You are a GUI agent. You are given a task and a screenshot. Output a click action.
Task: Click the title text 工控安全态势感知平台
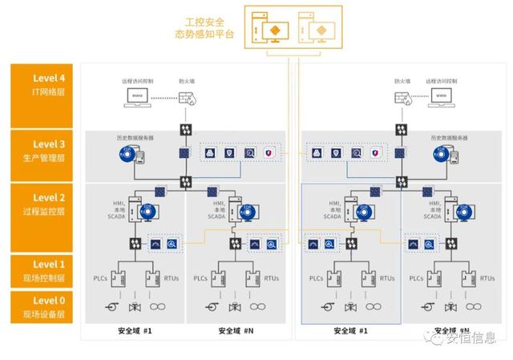(204, 28)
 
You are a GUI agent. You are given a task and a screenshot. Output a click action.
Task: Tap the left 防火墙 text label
(184, 81)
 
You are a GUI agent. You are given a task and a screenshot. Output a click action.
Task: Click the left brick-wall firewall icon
(184, 98)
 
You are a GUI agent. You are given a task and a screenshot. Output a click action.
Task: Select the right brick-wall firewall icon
(403, 98)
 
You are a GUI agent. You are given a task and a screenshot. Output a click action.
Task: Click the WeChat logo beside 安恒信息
(437, 339)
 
